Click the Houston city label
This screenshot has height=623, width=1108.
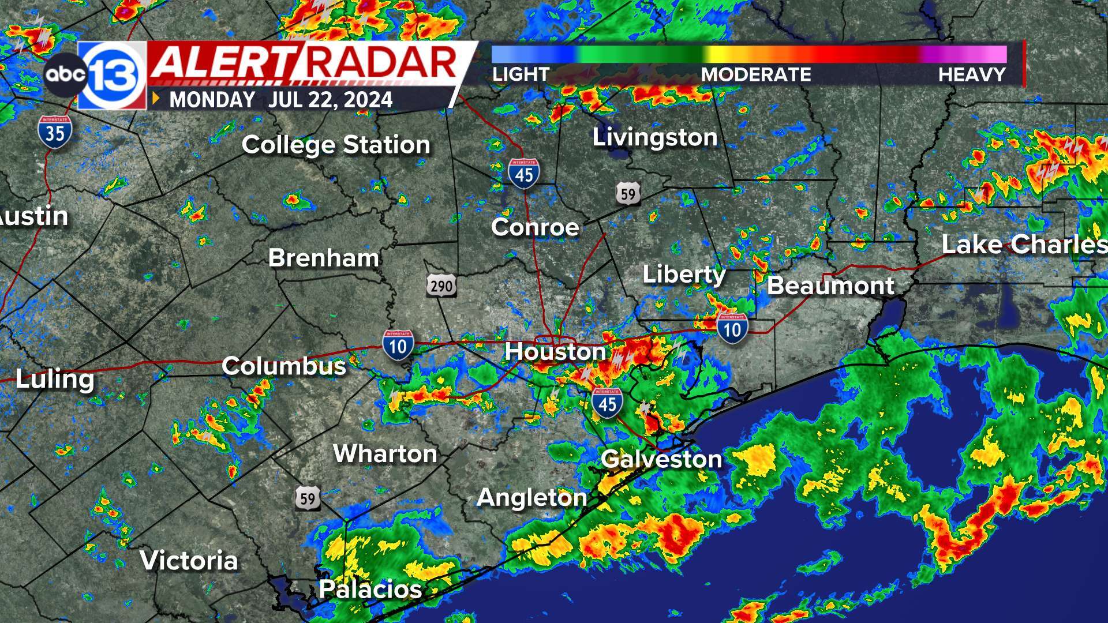(x=555, y=351)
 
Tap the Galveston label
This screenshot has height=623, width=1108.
(x=661, y=459)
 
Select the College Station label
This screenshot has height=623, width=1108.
(x=336, y=144)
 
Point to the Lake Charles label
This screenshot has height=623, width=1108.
(x=1024, y=244)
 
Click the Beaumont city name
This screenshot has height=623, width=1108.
(x=830, y=286)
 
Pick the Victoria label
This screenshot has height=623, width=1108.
(x=189, y=560)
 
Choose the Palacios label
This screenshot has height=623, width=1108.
(x=370, y=589)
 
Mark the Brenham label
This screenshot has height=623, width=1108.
(x=324, y=257)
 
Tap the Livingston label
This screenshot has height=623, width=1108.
(x=655, y=137)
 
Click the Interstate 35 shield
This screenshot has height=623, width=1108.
(x=55, y=132)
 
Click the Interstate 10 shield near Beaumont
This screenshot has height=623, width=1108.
(x=732, y=328)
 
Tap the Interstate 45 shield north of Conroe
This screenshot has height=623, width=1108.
(x=524, y=172)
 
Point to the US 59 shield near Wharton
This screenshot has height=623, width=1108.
(x=308, y=497)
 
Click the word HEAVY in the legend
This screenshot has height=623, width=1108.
(x=972, y=74)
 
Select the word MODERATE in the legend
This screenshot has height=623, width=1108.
(x=756, y=74)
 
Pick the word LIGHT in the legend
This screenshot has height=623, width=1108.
(x=521, y=74)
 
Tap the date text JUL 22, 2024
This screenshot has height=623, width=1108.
(x=330, y=100)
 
